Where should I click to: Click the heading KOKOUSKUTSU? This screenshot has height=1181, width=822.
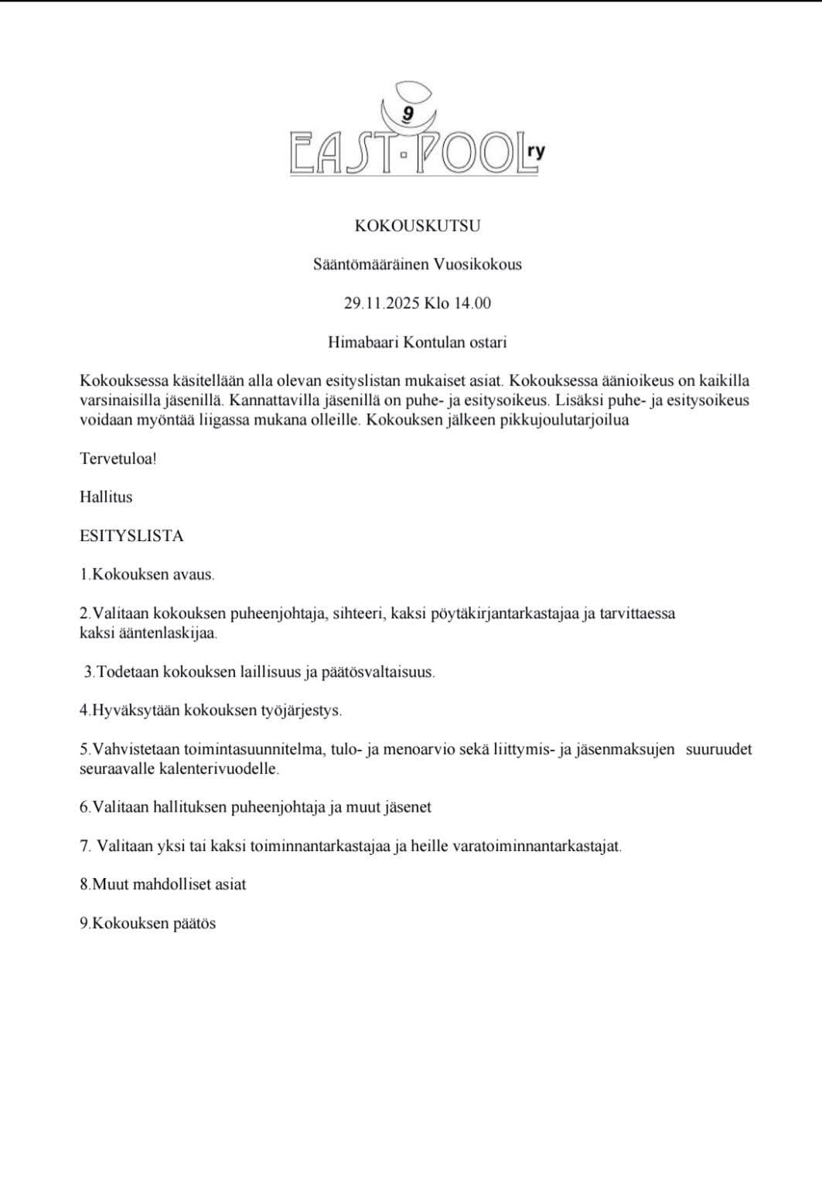418,226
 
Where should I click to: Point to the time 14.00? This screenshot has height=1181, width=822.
472,303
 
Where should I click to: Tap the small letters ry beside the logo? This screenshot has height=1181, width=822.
535,151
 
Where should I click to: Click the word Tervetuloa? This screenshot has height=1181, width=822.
118,458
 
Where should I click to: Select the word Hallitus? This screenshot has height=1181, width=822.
106,497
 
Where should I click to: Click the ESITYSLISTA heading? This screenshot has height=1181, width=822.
131,536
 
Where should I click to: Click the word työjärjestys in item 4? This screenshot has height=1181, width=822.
298,710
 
